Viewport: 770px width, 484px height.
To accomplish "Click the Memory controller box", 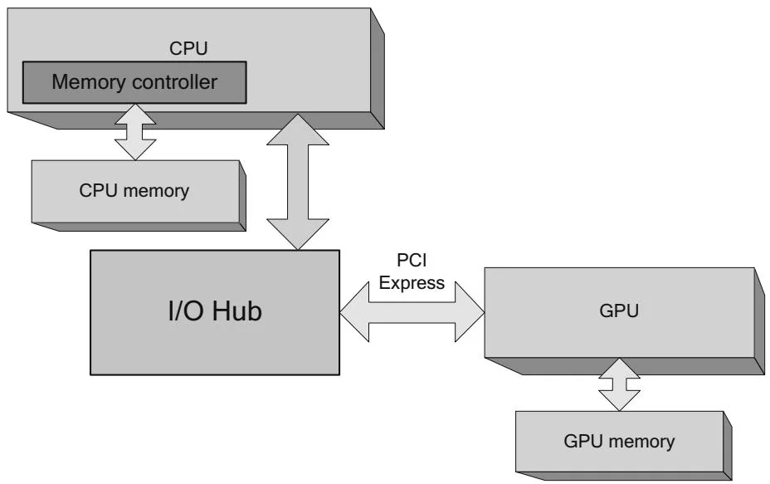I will (x=134, y=82).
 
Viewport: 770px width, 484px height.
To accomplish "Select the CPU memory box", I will (x=134, y=192).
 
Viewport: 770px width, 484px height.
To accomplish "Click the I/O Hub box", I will (x=215, y=311).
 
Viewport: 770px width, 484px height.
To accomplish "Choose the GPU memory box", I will (x=618, y=441).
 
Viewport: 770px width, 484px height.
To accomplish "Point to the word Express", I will (x=412, y=282).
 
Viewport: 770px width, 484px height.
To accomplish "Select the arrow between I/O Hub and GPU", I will (x=412, y=312).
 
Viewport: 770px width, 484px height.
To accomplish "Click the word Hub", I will (x=237, y=312).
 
